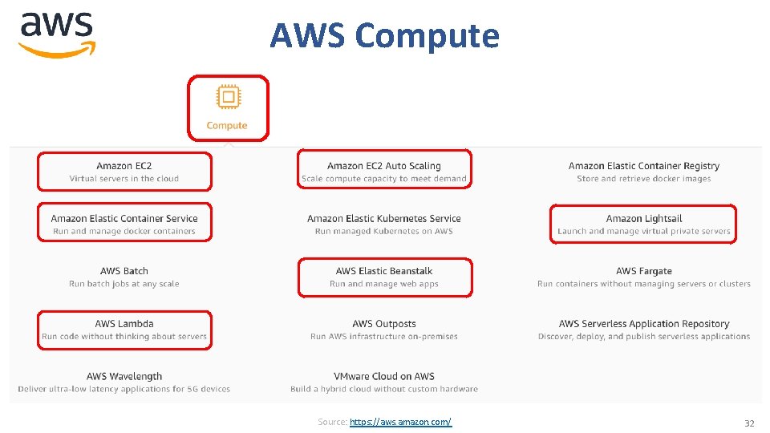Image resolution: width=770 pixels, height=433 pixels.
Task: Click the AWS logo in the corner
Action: point(57,34)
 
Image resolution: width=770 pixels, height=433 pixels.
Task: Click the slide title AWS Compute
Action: point(384,35)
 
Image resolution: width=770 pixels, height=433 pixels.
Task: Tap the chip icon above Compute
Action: point(228,98)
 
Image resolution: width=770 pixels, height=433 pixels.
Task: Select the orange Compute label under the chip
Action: point(227,125)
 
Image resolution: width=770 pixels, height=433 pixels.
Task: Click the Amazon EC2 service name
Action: point(124,166)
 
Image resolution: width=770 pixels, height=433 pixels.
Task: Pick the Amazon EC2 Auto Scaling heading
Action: point(384,166)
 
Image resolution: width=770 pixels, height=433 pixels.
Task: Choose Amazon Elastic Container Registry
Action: point(644,166)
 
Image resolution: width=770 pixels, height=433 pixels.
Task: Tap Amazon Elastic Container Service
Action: point(124,218)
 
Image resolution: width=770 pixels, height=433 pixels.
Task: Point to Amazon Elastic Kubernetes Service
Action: point(384,218)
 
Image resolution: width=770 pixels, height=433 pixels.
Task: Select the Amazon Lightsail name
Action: point(644,218)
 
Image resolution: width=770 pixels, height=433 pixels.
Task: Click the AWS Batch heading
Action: point(124,271)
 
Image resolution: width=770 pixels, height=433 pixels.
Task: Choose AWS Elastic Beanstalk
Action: point(384,271)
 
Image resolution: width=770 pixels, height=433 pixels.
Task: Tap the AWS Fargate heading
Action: point(644,271)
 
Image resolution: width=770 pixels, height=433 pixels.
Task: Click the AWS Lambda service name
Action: point(124,324)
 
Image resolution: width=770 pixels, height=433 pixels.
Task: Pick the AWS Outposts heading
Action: point(384,324)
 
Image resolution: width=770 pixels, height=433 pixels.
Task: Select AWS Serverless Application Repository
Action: point(644,324)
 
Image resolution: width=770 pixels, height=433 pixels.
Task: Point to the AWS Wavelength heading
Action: point(124,376)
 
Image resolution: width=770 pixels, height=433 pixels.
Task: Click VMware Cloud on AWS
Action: point(384,376)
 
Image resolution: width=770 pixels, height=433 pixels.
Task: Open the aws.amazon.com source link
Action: point(401,422)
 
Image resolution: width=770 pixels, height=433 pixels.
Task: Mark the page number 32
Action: point(749,423)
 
